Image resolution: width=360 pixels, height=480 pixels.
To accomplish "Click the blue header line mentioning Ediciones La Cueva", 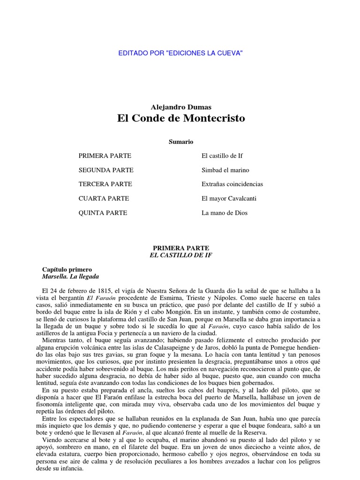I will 180,53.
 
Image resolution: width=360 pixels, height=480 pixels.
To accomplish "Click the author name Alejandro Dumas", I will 180,107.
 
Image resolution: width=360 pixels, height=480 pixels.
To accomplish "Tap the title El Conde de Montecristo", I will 180,119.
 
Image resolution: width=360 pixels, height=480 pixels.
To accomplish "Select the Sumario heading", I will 180,142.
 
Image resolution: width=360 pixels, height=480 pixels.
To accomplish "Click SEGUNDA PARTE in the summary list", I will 106,170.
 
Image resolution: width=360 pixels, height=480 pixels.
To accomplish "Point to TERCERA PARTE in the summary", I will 105,184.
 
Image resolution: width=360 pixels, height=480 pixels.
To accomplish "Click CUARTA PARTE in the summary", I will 104,198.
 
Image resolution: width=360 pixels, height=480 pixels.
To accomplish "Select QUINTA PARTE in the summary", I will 103,213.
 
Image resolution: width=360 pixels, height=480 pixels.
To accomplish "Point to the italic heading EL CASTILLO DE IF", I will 180,255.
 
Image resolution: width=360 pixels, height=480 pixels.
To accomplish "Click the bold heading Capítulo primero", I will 67,270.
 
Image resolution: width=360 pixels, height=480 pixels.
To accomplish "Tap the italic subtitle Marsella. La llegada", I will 70,277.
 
